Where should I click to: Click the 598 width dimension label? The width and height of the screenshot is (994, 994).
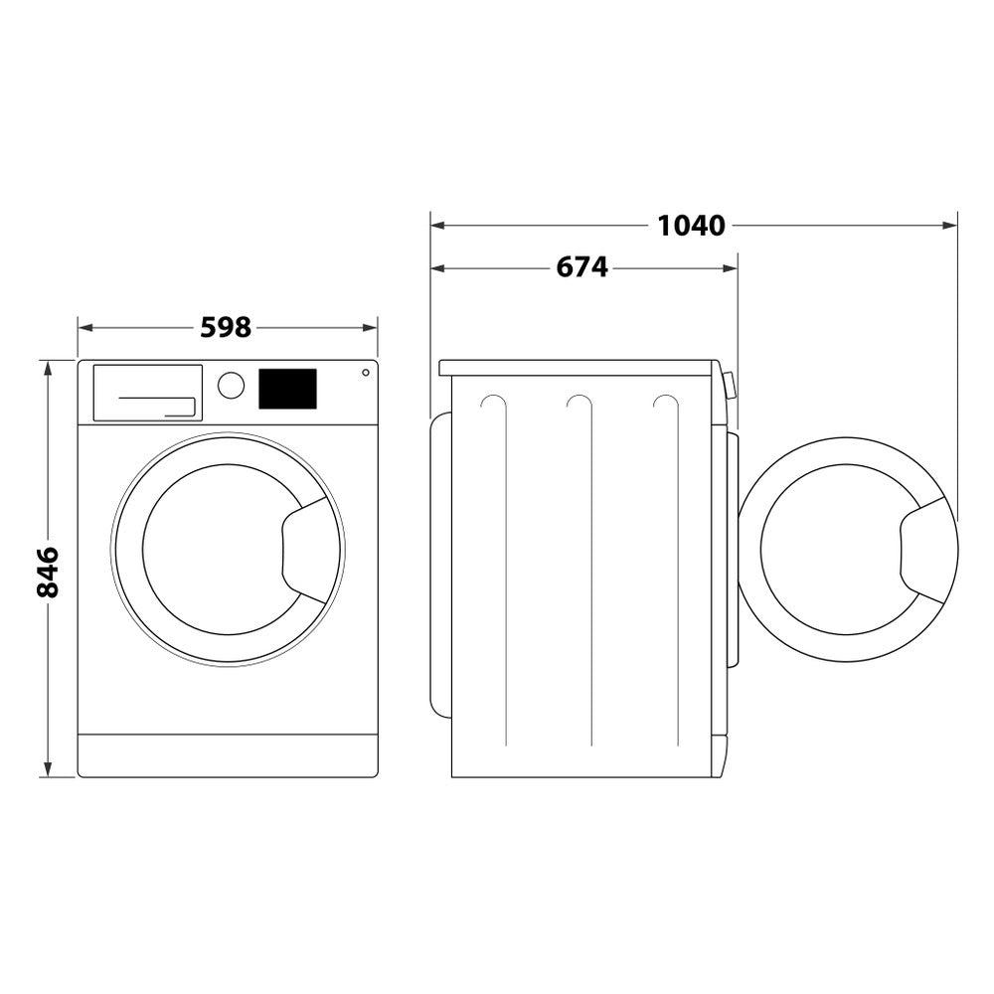(x=226, y=327)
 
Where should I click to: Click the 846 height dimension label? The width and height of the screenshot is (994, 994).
(x=47, y=572)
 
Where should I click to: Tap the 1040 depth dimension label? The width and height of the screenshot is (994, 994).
(x=692, y=226)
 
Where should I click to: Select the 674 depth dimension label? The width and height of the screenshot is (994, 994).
(x=581, y=267)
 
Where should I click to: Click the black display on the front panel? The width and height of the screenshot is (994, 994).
(x=287, y=389)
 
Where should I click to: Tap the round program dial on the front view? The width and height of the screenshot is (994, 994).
(x=231, y=386)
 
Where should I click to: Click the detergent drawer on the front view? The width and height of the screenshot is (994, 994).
(x=147, y=393)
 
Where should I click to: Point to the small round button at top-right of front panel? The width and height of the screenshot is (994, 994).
(x=366, y=373)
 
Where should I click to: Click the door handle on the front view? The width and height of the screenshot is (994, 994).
(x=307, y=550)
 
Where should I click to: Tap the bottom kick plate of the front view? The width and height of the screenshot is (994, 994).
(x=228, y=755)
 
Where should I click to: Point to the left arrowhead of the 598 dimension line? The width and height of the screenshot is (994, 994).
(x=84, y=327)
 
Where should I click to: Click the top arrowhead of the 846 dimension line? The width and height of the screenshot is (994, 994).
(x=47, y=367)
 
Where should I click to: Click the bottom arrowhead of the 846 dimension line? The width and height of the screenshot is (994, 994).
(x=47, y=770)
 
